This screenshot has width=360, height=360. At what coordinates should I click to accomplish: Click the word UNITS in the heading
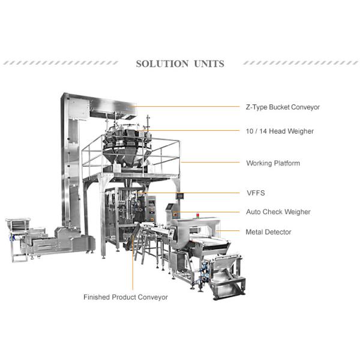208,64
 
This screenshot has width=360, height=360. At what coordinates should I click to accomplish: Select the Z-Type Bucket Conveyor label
283,107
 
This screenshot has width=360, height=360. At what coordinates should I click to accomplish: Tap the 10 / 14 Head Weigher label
280,131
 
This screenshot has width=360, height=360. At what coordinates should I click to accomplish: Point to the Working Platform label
273,163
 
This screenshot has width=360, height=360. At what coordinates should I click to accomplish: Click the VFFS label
255,193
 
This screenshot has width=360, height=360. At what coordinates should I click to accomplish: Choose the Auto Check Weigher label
278,212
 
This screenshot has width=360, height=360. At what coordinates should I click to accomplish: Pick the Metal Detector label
268,232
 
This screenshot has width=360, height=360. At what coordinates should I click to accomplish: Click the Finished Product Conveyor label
125,297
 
